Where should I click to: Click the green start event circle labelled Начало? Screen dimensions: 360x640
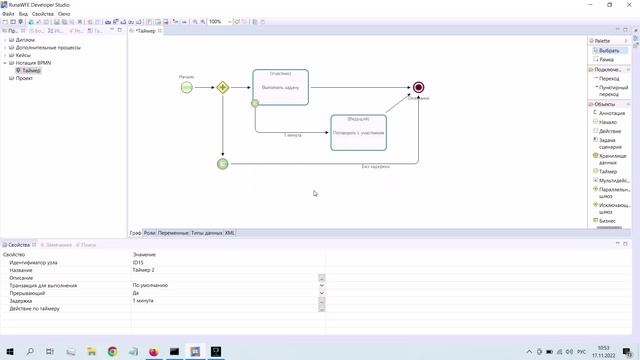(x=187, y=88)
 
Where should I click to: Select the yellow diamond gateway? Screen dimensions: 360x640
(x=223, y=88)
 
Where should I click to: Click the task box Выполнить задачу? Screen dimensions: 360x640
(x=280, y=87)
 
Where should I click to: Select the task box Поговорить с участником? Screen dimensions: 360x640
(x=358, y=131)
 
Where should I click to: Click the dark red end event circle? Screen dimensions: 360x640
(x=418, y=88)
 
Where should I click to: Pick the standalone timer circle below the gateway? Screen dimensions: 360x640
(x=223, y=163)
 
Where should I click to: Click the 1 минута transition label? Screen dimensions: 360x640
(x=293, y=135)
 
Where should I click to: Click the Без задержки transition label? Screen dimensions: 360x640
(x=375, y=167)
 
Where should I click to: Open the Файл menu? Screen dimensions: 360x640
(x=8, y=13)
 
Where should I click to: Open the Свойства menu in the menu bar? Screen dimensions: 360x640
(x=42, y=13)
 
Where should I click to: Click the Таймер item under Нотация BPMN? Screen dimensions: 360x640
(x=31, y=70)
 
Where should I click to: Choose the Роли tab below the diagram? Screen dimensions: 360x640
(x=149, y=232)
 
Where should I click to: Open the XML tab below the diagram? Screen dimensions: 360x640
(x=230, y=232)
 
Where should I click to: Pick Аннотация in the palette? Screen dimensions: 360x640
(x=612, y=113)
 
